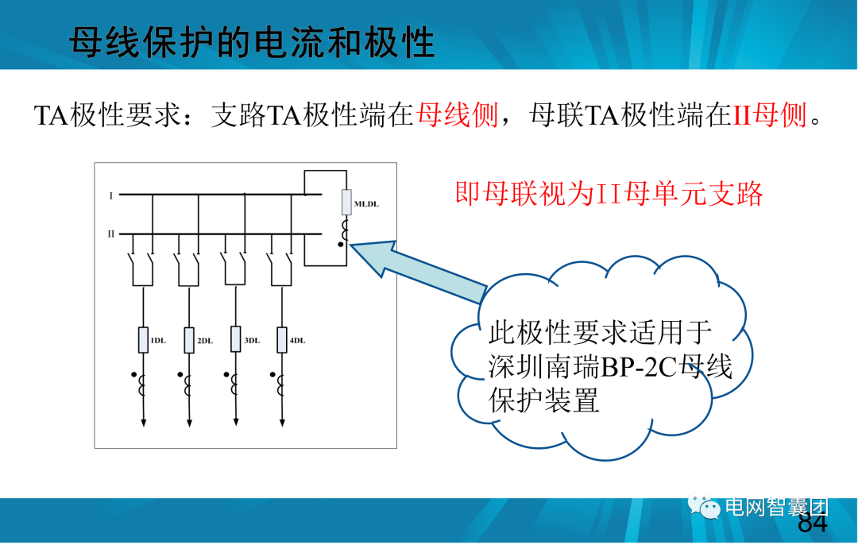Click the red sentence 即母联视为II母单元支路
[609, 194]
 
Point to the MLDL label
[366, 204]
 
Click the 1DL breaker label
[157, 341]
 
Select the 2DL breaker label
[204, 341]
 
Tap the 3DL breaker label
[251, 341]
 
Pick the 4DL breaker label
[297, 341]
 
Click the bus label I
[111, 195]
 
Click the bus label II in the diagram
[112, 234]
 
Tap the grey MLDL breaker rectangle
[346, 203]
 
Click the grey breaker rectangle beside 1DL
[143, 339]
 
